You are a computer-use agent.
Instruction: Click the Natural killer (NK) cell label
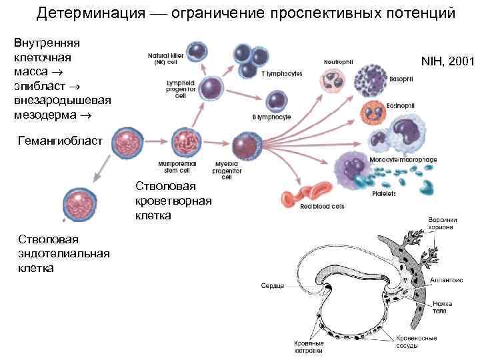point(166,59)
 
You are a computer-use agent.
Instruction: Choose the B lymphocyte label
point(271,117)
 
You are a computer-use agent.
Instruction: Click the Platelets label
point(385,193)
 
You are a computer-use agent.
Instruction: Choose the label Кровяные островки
point(309,347)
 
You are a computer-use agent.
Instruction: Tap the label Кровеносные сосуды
point(416,343)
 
